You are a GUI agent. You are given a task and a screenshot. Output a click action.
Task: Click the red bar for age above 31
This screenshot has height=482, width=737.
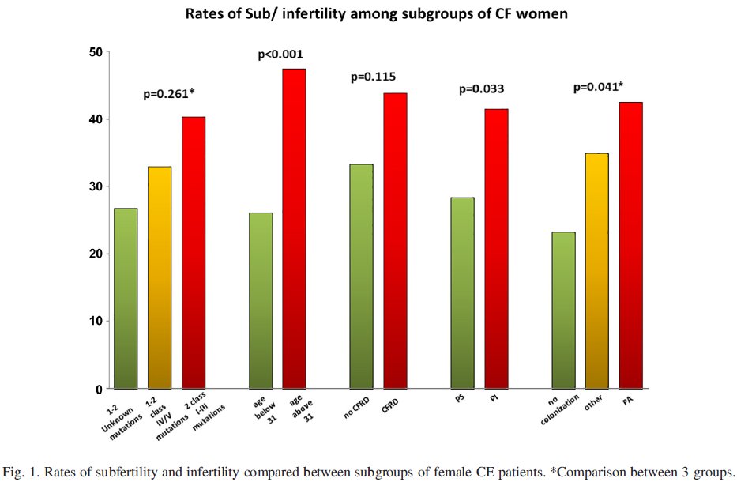pyautogui.click(x=294, y=229)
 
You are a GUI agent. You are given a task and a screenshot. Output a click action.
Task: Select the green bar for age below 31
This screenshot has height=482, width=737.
pyautogui.click(x=260, y=300)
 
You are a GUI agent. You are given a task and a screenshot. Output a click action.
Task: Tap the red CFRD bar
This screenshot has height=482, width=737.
pyautogui.click(x=395, y=241)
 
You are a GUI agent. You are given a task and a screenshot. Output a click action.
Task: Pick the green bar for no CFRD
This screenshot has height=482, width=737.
pyautogui.click(x=361, y=277)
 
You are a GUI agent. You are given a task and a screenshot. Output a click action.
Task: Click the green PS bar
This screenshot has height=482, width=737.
pyautogui.click(x=462, y=292)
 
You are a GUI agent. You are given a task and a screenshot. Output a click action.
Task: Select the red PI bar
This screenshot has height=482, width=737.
pyautogui.click(x=496, y=249)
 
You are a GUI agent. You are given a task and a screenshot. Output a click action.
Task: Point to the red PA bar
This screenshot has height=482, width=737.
pyautogui.click(x=630, y=245)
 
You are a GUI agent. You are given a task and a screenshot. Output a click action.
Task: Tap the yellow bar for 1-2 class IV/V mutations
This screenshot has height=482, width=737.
pyautogui.click(x=160, y=277)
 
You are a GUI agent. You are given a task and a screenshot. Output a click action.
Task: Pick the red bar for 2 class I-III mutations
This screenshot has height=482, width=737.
pyautogui.click(x=194, y=253)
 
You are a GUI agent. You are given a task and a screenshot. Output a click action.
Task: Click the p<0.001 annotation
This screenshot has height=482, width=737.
pyautogui.click(x=280, y=55)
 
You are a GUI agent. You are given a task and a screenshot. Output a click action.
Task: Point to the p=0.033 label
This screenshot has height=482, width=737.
pyautogui.click(x=482, y=89)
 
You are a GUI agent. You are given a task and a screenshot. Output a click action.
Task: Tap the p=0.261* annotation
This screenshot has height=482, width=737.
pyautogui.click(x=168, y=94)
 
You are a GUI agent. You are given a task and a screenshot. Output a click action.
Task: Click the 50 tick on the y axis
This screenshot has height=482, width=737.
pyautogui.click(x=95, y=52)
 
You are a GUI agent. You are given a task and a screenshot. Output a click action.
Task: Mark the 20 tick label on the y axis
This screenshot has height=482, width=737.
pyautogui.click(x=95, y=254)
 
